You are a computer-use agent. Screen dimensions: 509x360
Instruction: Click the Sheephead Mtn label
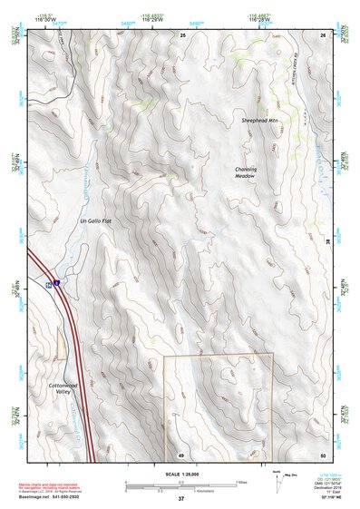coord(258,120)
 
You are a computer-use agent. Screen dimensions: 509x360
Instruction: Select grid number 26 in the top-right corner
coord(323,34)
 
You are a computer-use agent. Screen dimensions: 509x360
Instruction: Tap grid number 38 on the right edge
coord(327,240)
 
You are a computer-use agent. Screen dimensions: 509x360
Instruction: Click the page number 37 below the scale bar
coord(180,499)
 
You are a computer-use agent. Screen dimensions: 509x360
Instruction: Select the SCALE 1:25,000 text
coord(180,474)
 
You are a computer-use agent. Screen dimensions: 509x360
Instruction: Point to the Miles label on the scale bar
coord(240,481)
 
